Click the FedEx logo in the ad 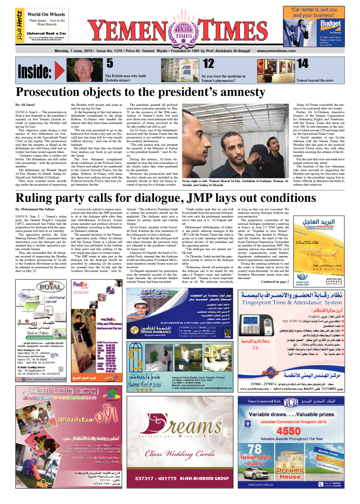pos(80,298)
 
